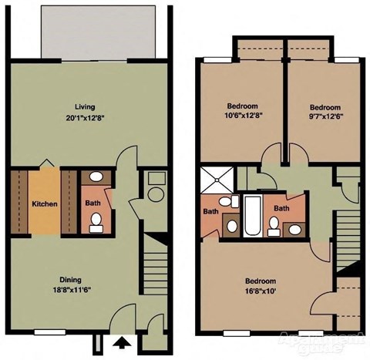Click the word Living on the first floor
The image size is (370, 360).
[85, 106]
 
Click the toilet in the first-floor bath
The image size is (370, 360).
[96, 223]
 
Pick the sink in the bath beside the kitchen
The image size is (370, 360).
[94, 178]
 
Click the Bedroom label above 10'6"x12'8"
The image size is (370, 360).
[242, 106]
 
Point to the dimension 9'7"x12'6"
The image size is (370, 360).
[325, 118]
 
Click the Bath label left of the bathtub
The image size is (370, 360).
[210, 211]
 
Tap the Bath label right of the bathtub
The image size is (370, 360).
[282, 208]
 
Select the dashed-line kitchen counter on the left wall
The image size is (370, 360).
[21, 203]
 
